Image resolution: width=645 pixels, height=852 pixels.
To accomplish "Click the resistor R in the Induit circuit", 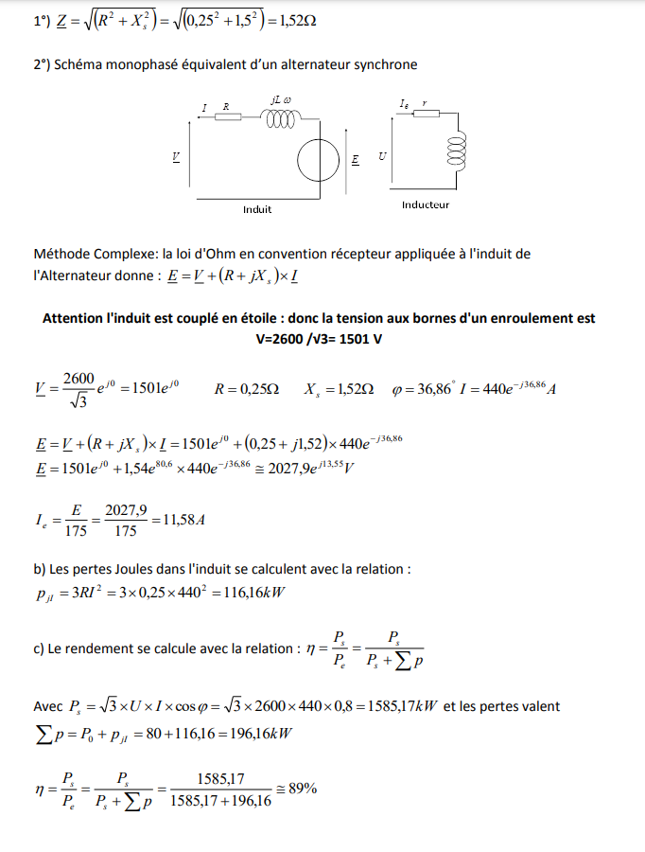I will [x=227, y=117].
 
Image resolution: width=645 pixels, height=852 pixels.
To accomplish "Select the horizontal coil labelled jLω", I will [x=281, y=117].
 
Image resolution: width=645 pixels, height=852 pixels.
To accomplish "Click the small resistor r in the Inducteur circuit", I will [x=427, y=114].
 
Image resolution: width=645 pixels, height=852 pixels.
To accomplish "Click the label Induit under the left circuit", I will [x=257, y=209].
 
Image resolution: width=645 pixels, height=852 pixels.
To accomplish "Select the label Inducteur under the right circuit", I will [x=426, y=204].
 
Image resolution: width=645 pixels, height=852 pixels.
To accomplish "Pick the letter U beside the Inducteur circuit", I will [x=381, y=155].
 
